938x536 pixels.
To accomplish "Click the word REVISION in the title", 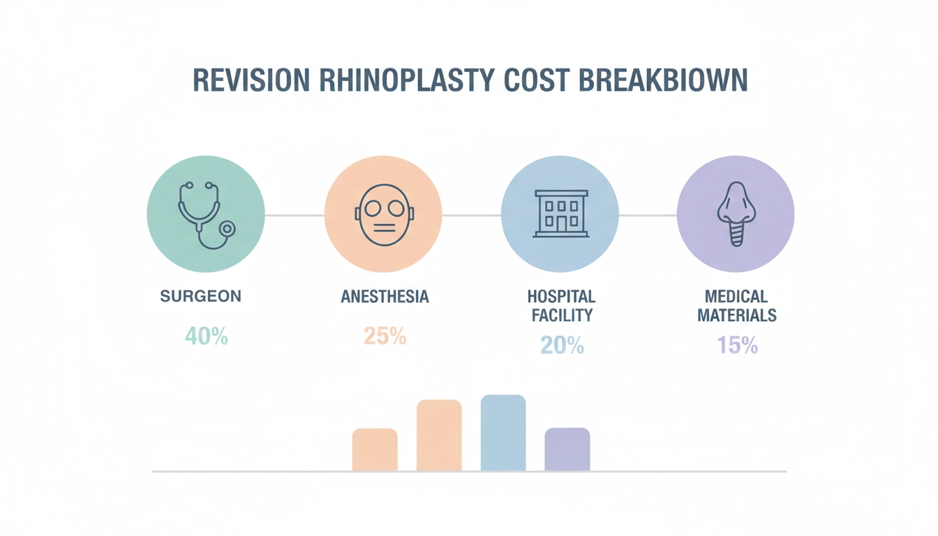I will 251,81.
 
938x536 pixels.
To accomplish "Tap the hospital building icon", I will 560,214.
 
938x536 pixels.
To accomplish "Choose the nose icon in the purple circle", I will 736,214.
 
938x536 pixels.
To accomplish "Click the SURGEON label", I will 201,296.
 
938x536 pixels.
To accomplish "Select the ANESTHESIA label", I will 385,297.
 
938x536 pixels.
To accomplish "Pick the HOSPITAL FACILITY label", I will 561,306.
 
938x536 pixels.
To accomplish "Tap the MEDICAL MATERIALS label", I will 737,306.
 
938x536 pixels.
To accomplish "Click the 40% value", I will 207,336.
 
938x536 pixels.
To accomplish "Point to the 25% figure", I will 385,336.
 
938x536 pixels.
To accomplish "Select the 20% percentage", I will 562,345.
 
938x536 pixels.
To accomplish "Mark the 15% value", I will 737,345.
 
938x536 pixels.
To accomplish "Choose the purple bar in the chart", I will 567,449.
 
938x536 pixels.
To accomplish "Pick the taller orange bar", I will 439,435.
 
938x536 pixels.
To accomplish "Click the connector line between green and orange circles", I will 295,215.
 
